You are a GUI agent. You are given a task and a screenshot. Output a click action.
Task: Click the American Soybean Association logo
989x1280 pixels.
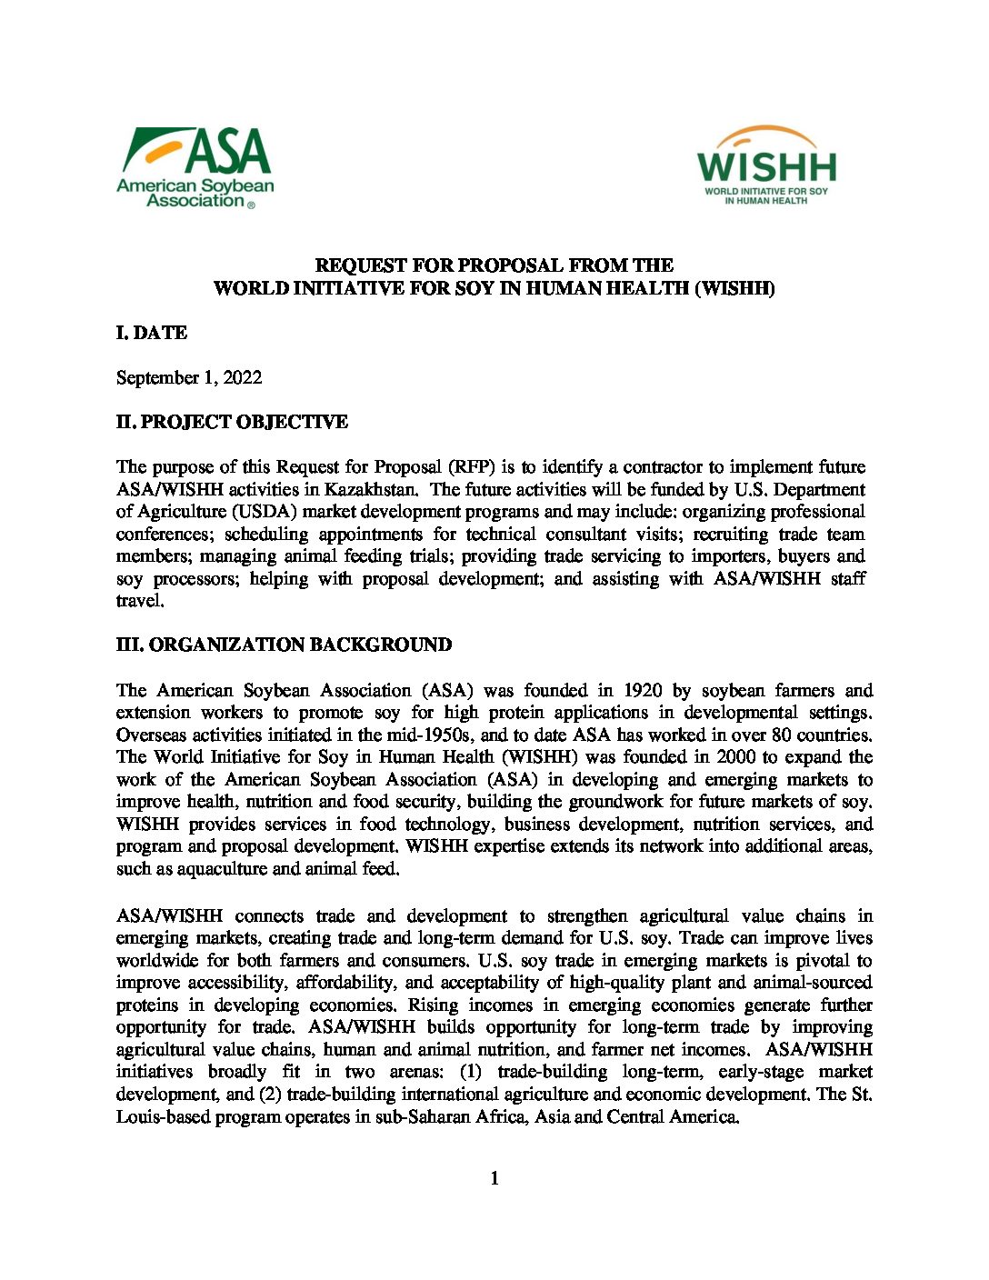195,167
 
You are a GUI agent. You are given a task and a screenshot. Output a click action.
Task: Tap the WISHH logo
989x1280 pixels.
766,165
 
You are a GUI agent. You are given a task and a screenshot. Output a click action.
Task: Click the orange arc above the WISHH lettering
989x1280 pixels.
766,135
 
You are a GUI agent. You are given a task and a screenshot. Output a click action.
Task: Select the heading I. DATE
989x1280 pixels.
152,333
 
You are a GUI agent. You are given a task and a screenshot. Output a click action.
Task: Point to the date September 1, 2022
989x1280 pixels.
189,377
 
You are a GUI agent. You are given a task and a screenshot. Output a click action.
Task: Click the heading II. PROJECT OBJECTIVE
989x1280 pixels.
232,422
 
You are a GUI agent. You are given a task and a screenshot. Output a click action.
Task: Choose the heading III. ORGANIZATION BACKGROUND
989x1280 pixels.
284,645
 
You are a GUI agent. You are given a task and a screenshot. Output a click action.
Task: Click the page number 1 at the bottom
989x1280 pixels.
494,1178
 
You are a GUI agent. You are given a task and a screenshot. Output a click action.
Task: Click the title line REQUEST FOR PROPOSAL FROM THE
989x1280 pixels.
494,265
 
